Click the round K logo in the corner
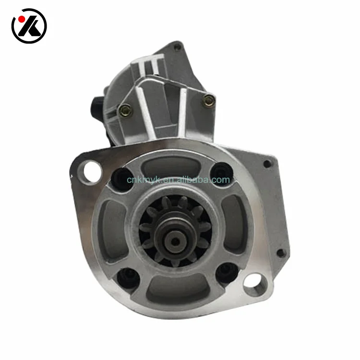(29, 25)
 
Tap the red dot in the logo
(20, 20)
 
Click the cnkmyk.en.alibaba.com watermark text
(179, 180)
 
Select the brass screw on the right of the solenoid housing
(209, 100)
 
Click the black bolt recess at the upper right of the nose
(221, 171)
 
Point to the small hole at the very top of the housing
(178, 47)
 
